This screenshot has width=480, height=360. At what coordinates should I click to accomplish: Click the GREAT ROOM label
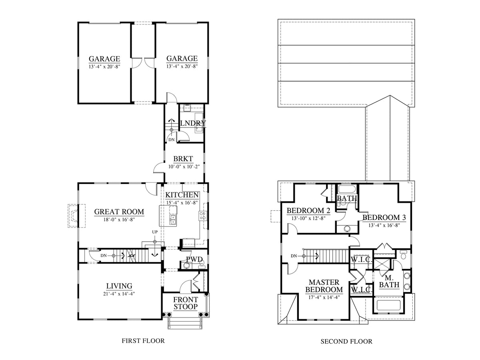point(119,212)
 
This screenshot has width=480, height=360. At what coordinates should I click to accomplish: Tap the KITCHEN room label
point(182,195)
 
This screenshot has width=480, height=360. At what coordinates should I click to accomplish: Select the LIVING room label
point(119,286)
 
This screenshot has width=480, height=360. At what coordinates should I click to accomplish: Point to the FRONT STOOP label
point(186,303)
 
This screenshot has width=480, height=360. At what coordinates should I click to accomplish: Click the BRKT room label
point(183,159)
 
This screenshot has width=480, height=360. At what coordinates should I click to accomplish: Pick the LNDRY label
point(193,123)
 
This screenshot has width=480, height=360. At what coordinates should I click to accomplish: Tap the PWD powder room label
point(194,259)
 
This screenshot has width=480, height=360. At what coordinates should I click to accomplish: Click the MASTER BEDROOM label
point(324,286)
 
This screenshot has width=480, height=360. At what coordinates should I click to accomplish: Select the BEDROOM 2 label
point(308,210)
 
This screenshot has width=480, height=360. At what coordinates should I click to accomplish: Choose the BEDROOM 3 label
point(384,218)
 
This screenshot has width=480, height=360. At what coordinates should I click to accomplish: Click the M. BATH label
point(389,281)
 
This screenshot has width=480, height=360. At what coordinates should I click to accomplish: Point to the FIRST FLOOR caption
point(143,341)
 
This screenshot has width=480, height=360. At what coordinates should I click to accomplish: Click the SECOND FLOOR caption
point(346,342)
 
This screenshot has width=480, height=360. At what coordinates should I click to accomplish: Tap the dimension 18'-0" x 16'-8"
point(119,220)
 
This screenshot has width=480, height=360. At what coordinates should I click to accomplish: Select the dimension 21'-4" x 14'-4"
point(119,294)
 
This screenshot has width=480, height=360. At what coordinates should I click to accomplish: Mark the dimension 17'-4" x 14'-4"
point(324,297)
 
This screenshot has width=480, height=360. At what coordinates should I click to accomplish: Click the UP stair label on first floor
point(155,232)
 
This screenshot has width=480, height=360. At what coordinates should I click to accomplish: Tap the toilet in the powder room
point(186,265)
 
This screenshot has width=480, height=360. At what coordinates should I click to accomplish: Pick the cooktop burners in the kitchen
point(202,215)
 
